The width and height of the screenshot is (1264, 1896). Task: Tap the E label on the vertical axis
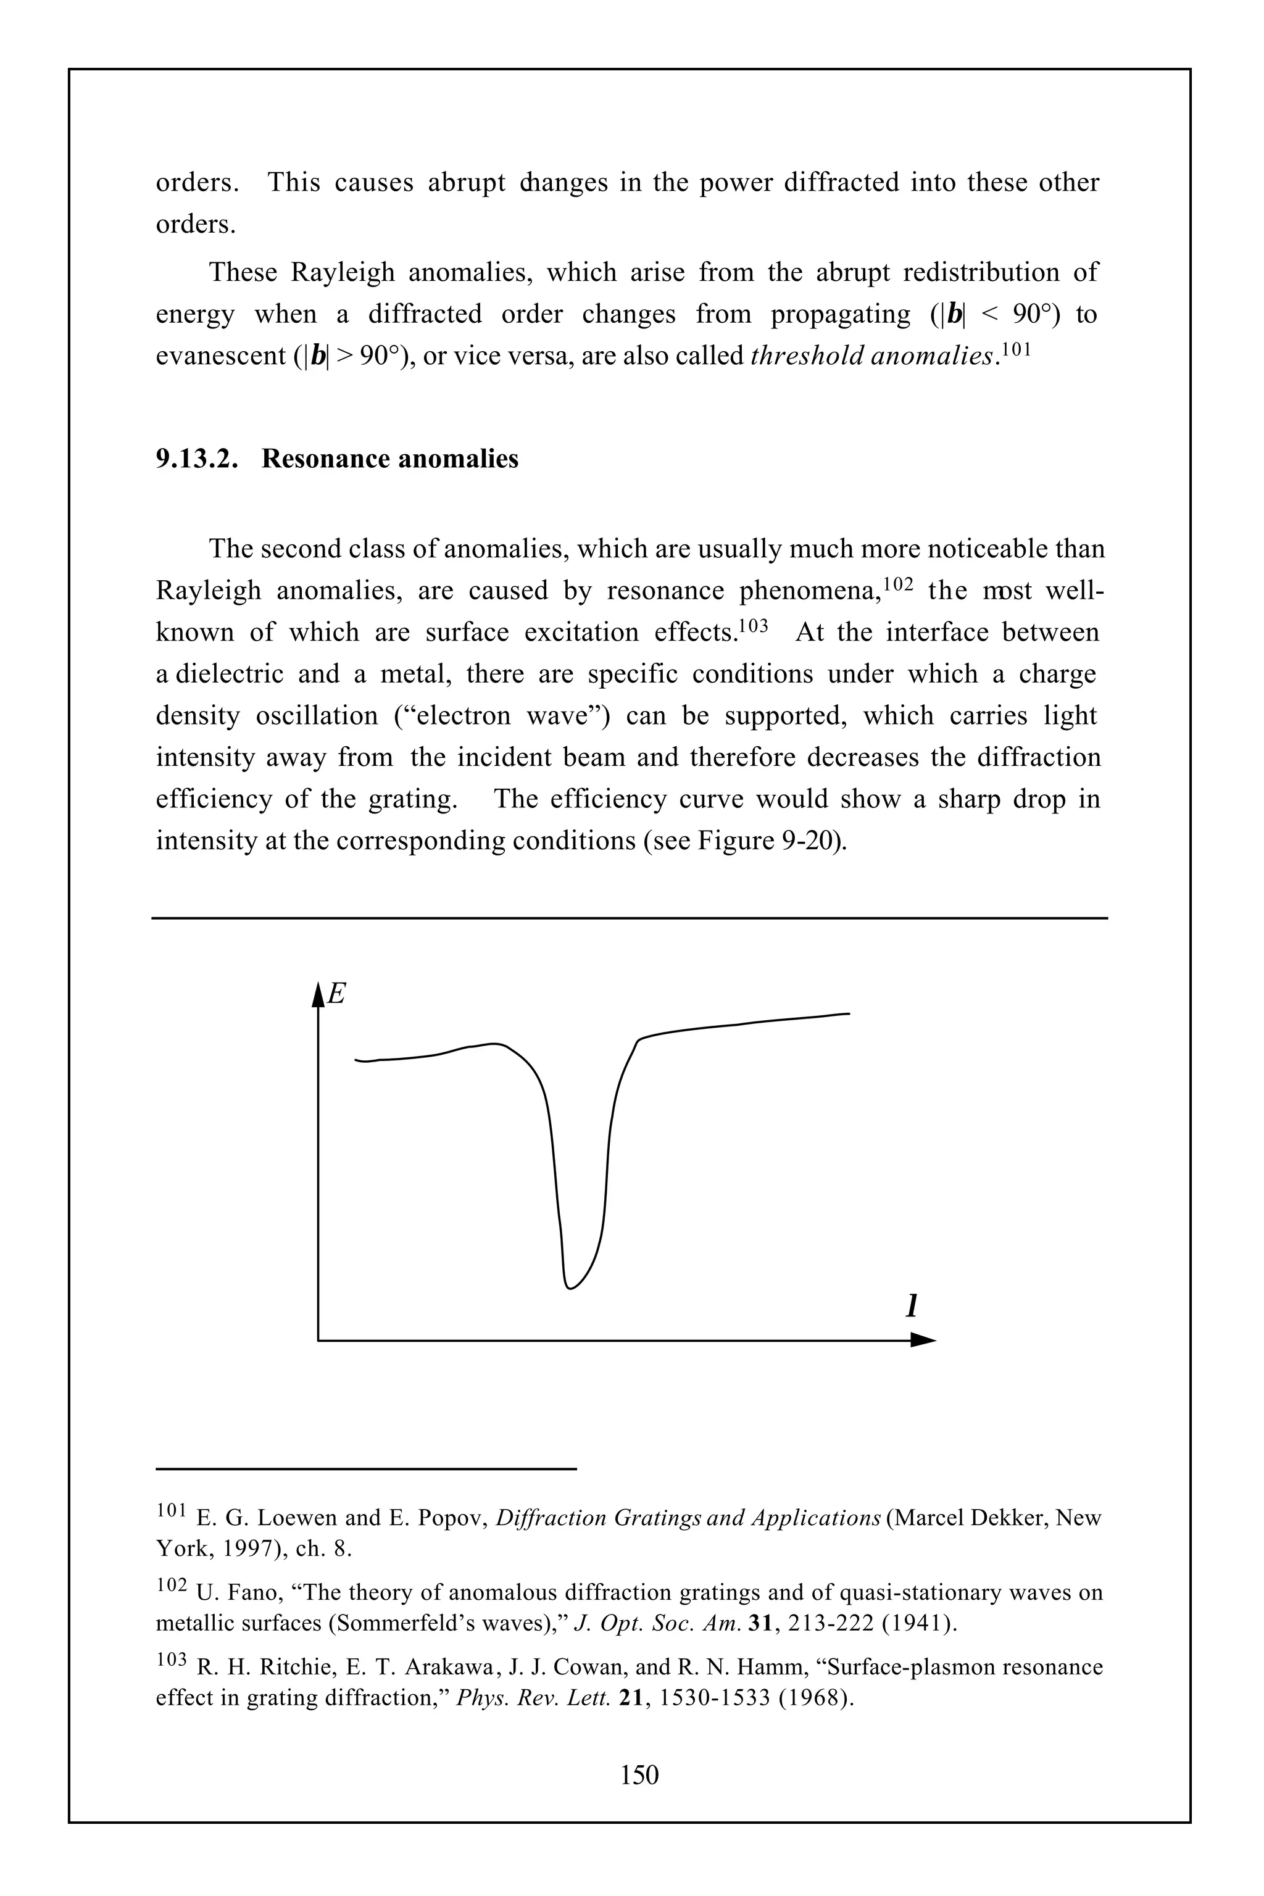pos(337,994)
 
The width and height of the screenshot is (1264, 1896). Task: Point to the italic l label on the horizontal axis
pos(912,1307)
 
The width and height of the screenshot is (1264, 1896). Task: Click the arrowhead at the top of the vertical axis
pos(318,995)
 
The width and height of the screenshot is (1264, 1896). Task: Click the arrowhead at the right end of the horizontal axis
pos(924,1340)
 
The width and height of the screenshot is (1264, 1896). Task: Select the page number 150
pos(639,1775)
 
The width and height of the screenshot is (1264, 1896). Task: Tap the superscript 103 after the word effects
pos(754,624)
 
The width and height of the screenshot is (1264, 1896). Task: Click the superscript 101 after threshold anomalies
pos(1017,347)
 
